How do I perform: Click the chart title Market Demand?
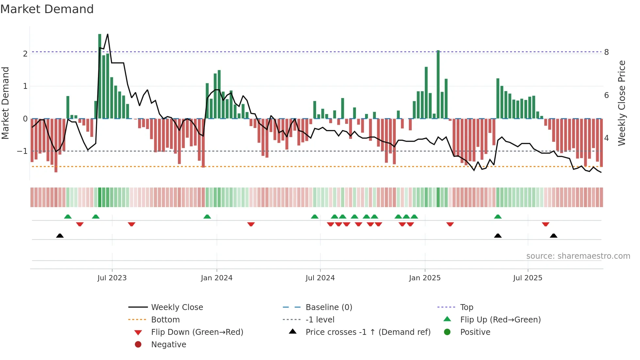[x=47, y=9]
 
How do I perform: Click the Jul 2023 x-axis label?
[x=112, y=278]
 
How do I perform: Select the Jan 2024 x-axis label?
[x=216, y=278]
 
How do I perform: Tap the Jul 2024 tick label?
[x=320, y=278]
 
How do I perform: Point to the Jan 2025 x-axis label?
[x=424, y=278]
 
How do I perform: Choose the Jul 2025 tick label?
[x=528, y=278]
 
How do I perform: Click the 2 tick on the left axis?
[x=25, y=54]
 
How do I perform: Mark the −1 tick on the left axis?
[x=23, y=151]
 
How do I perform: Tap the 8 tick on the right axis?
[x=606, y=52]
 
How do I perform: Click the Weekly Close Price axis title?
[x=622, y=103]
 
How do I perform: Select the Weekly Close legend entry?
[x=177, y=307]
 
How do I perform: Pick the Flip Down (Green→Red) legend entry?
[x=197, y=332]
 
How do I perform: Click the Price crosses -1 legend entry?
[x=368, y=332]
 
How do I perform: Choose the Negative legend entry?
[x=168, y=345]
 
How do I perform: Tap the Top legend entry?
[x=466, y=307]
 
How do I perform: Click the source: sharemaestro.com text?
[x=578, y=256]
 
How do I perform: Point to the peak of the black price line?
[x=108, y=34]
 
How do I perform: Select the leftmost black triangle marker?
[x=60, y=236]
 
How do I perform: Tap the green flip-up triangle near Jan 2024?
[x=207, y=217]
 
